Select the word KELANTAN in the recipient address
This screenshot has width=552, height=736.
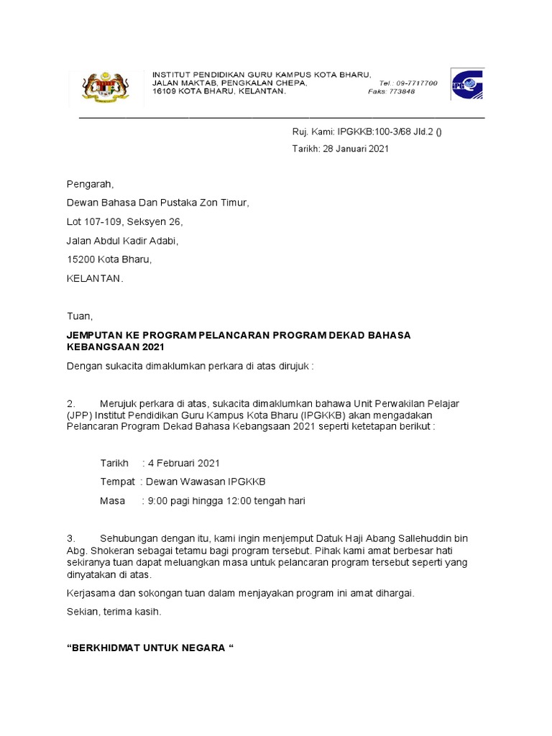(95, 278)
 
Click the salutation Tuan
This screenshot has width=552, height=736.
(79, 316)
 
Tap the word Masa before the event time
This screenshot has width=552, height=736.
(112, 500)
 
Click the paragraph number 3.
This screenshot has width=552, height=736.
(70, 538)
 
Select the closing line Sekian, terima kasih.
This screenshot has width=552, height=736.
(114, 612)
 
